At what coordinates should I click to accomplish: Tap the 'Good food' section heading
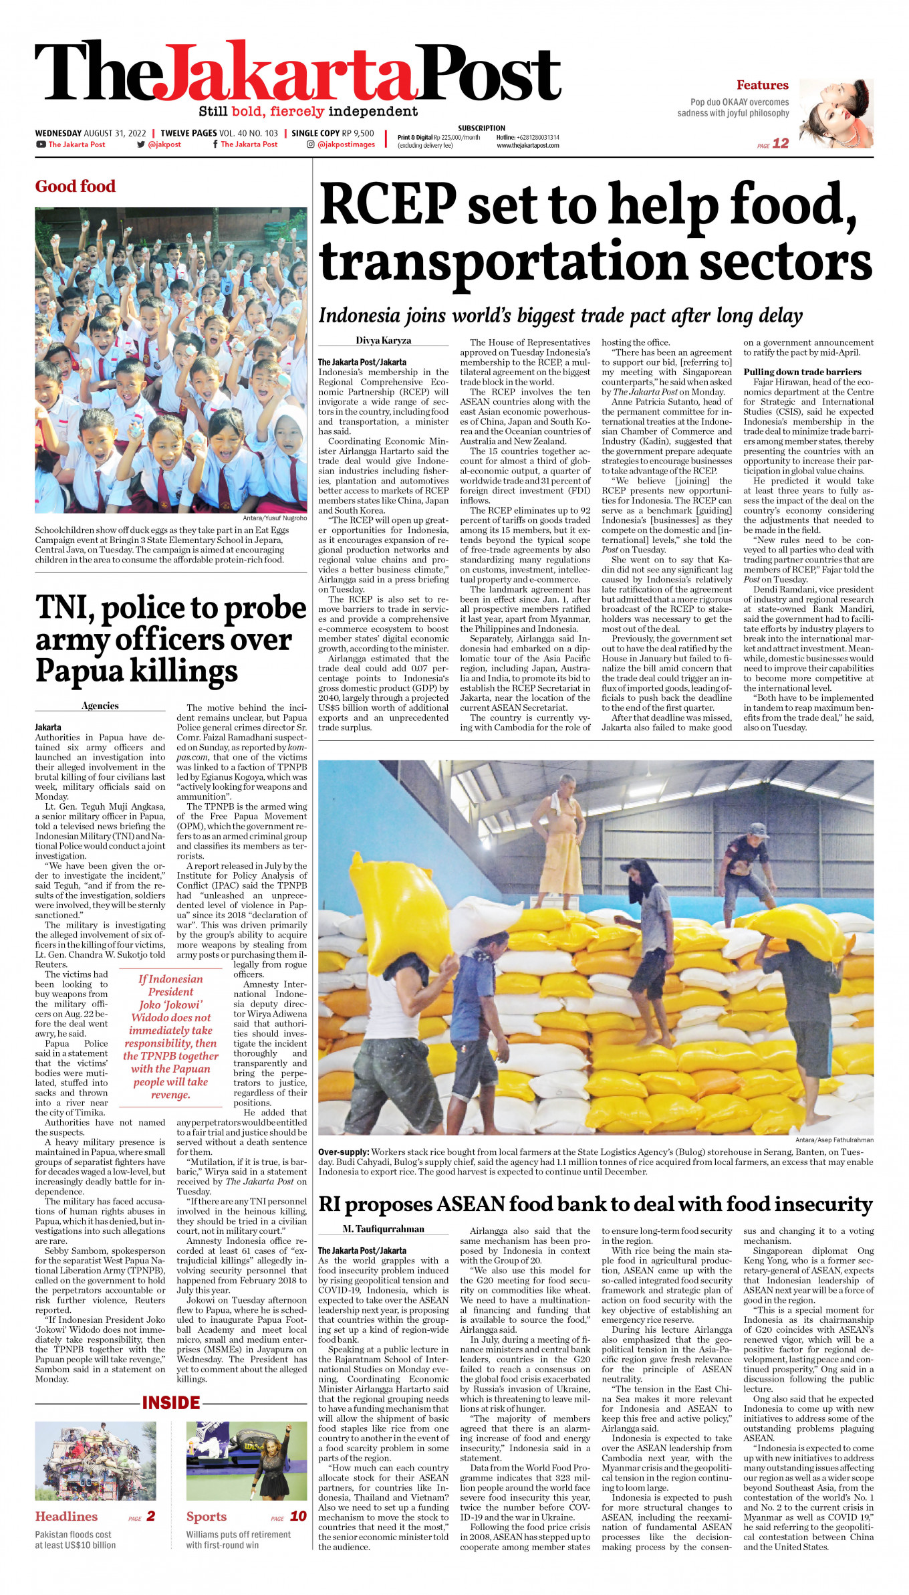(x=76, y=186)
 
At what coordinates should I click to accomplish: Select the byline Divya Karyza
(x=383, y=340)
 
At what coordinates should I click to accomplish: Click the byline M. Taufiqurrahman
(x=383, y=1229)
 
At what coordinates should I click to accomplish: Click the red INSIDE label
(x=171, y=1402)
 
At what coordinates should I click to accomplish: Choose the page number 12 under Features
(x=781, y=143)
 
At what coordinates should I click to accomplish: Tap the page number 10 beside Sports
(x=298, y=1516)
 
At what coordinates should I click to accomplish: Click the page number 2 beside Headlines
(x=151, y=1516)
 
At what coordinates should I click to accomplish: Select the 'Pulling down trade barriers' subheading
(x=802, y=372)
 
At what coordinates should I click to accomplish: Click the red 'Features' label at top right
(x=762, y=85)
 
